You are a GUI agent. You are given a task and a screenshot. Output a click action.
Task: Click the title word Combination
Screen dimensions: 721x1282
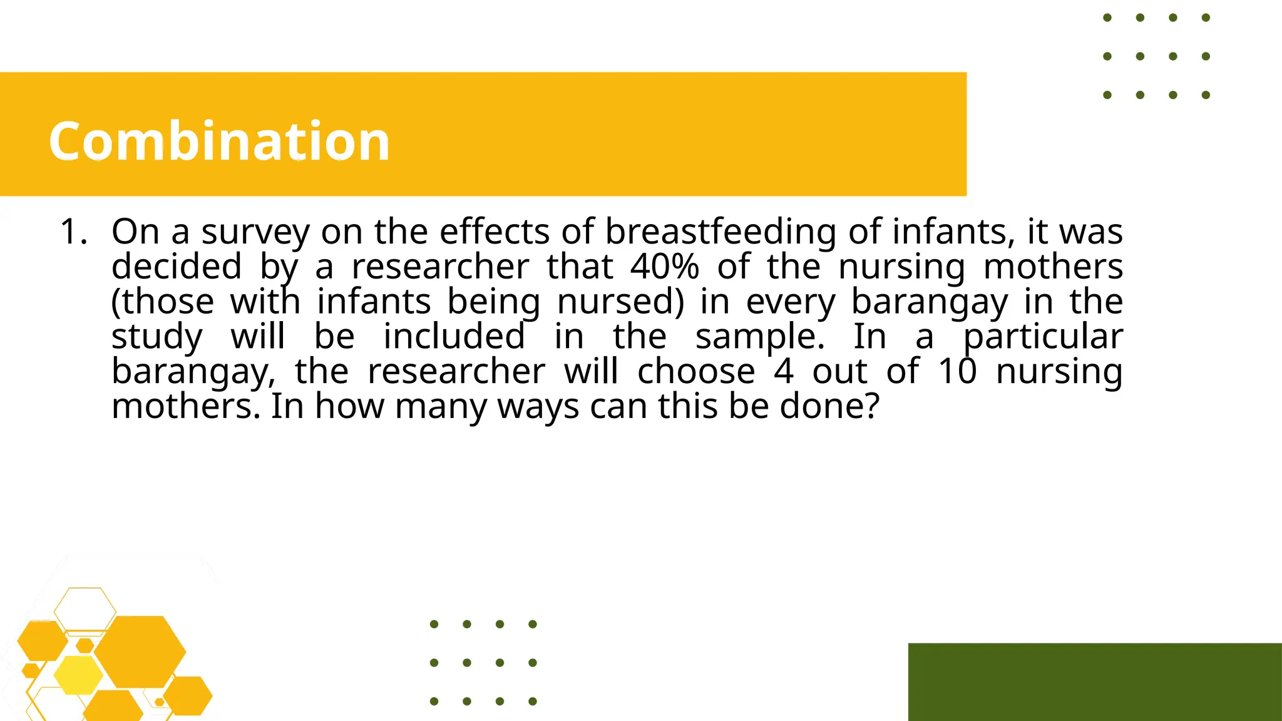[219, 141]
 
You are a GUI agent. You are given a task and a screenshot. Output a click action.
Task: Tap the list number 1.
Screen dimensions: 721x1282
[73, 232]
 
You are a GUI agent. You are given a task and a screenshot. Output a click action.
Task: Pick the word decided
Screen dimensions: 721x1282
[177, 267]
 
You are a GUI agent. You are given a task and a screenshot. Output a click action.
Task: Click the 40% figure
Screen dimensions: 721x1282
[664, 267]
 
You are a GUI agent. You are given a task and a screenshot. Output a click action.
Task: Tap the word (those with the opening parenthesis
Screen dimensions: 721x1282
[163, 302]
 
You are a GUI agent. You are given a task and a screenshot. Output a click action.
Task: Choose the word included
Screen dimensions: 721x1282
[454, 337]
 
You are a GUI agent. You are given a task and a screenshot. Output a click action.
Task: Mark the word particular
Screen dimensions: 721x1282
[1043, 337]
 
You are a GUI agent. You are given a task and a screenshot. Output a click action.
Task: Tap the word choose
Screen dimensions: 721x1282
[696, 372]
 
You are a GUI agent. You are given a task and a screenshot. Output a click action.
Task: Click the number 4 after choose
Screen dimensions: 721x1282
[784, 372]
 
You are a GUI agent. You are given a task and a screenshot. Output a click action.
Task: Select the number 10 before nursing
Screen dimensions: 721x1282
[957, 372]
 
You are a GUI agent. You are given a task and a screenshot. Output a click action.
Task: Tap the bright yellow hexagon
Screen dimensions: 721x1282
[78, 675]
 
